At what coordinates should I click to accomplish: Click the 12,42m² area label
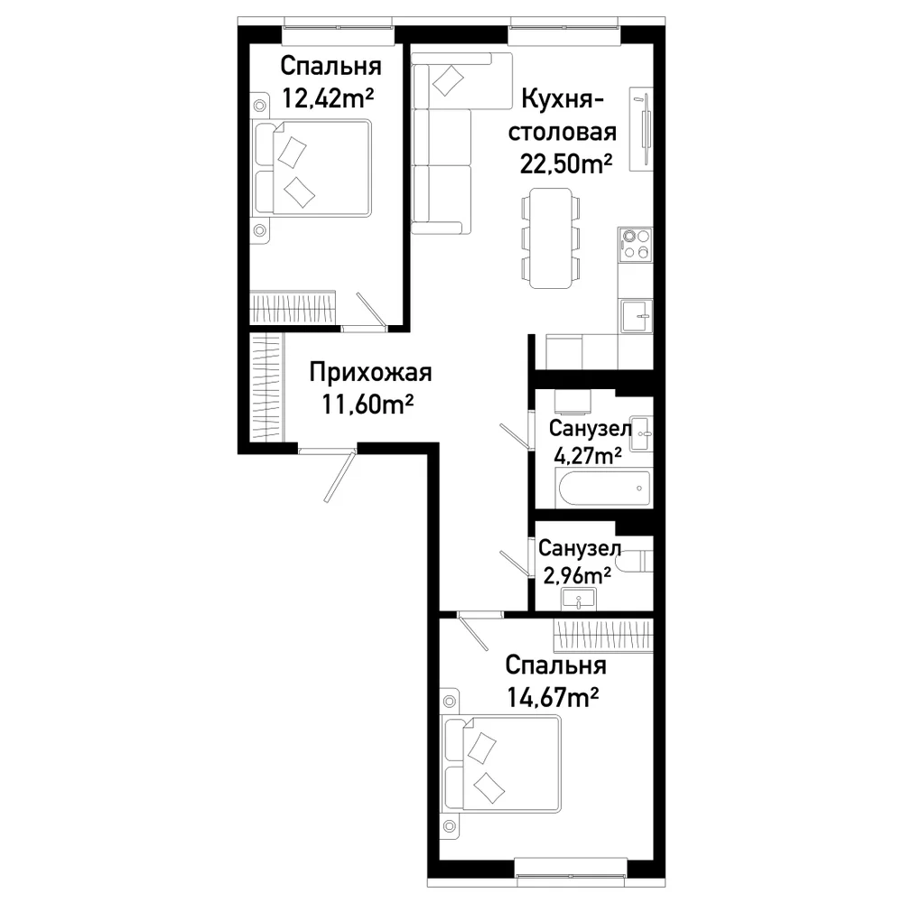coord(327,98)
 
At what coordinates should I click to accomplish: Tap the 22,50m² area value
coord(565,164)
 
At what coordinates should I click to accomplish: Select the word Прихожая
coord(370,373)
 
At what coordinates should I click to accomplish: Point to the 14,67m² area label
coord(553,698)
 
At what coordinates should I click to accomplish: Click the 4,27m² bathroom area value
coord(587,455)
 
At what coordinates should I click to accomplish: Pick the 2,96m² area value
coord(576,574)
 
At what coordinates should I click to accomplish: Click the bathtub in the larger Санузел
coord(604,489)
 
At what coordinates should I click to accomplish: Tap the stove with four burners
coord(635,244)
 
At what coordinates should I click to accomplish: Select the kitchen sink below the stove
coord(637,315)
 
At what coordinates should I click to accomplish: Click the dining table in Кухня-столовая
coord(551,238)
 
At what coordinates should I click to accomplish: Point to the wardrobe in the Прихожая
coord(267,387)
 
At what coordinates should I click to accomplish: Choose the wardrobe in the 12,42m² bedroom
coord(293,308)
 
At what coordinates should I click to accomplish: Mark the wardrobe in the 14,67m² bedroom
coord(603,635)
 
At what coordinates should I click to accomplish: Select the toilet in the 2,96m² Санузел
coord(634,561)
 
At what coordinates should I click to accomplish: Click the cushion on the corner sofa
coord(448,80)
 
